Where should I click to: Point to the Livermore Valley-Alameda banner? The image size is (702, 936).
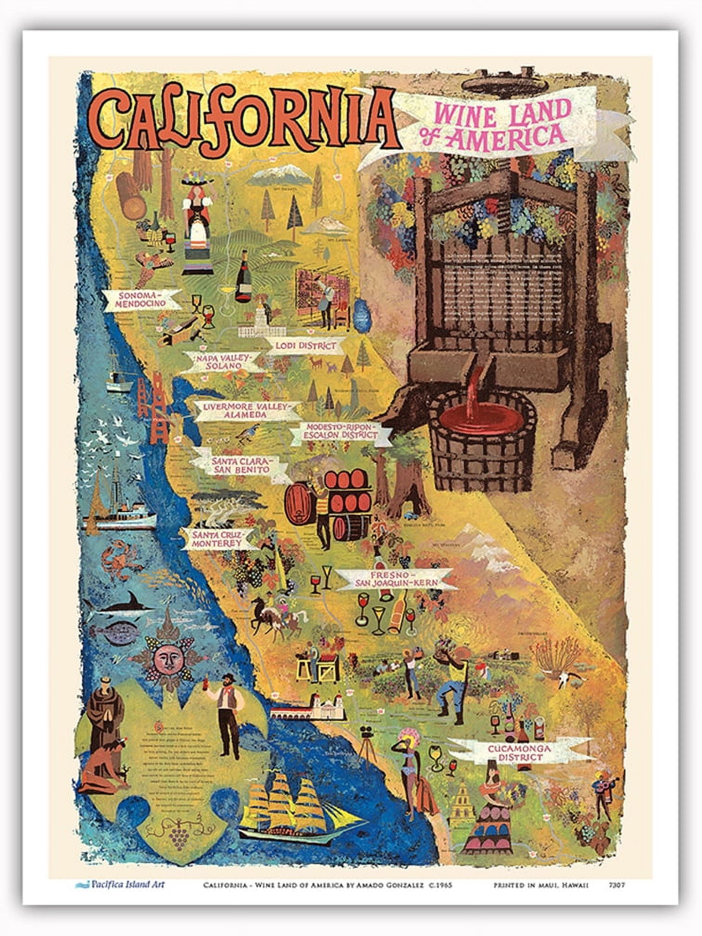point(241,410)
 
